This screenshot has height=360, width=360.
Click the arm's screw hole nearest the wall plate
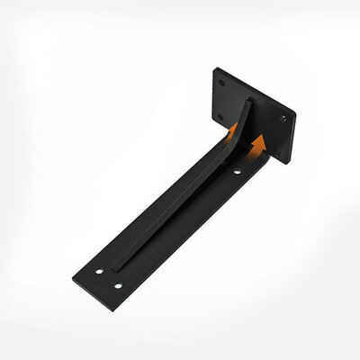pos(237,171)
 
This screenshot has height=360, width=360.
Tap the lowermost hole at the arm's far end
pos(117,285)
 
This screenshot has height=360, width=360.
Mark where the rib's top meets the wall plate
pos(247,101)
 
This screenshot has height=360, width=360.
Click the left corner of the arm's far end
pos(73,274)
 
